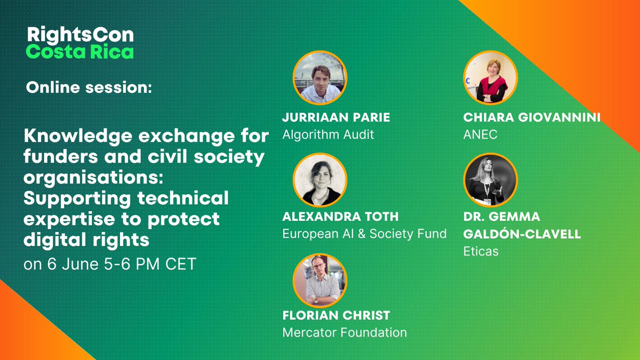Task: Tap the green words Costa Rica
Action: pos(80,52)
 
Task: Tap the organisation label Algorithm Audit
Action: pos(328,134)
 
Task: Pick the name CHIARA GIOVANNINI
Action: pos(532,117)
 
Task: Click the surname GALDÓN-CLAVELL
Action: pos(522,234)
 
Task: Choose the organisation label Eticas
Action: pos(481,251)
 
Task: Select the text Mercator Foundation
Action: pos(344,333)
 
